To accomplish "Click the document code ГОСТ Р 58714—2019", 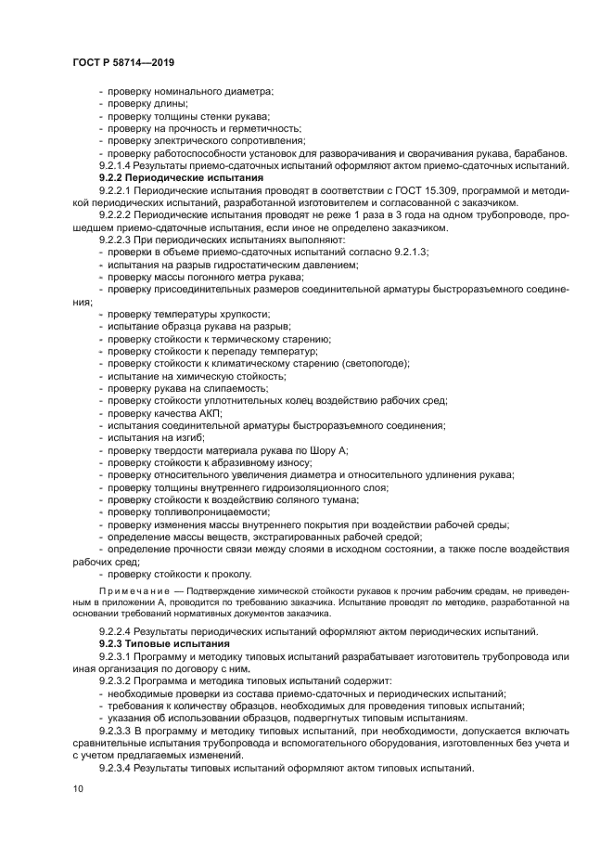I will click(x=122, y=61).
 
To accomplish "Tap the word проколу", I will click(x=236, y=573).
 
